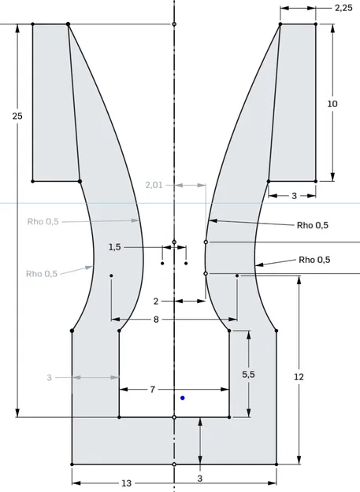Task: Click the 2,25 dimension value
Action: click(x=343, y=8)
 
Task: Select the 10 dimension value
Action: click(x=332, y=103)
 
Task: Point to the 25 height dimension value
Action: click(x=17, y=116)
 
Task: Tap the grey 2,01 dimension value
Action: click(x=154, y=185)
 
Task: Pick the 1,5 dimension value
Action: click(x=115, y=247)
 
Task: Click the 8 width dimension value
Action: click(x=156, y=320)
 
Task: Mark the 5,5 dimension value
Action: click(x=248, y=375)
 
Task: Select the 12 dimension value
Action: click(x=299, y=377)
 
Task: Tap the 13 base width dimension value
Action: click(x=126, y=483)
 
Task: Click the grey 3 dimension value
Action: click(x=49, y=378)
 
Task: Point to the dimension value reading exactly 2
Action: click(x=156, y=301)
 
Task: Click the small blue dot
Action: click(x=183, y=398)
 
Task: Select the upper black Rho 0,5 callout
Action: click(x=313, y=225)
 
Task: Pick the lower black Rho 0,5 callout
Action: click(x=314, y=260)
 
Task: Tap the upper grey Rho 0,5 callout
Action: click(x=43, y=222)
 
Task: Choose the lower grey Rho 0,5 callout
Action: click(x=41, y=274)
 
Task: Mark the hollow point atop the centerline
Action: click(x=174, y=24)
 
